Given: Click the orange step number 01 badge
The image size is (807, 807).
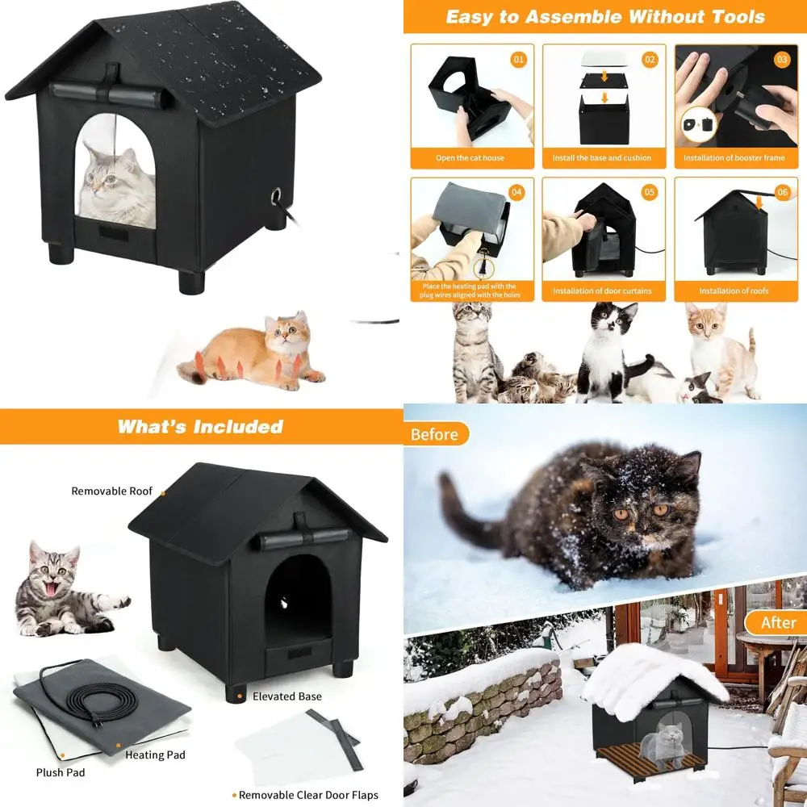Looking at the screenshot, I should (x=520, y=60).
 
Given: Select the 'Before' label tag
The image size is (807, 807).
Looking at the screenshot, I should (x=434, y=435).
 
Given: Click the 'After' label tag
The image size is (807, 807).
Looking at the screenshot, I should (x=778, y=622).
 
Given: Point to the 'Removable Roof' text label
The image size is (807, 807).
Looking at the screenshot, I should (x=111, y=491).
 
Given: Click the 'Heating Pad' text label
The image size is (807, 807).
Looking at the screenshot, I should (x=155, y=755).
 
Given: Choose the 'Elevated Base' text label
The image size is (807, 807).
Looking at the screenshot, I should (x=286, y=696).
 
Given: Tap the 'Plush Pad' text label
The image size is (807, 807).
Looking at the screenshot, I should (x=61, y=772).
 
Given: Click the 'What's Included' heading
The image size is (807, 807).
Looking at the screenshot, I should (x=200, y=427).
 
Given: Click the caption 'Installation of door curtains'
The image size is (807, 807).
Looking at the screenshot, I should (x=602, y=291).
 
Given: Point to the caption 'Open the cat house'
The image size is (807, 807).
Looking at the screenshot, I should (x=470, y=157).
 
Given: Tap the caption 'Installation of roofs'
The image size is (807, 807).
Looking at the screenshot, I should (x=734, y=291).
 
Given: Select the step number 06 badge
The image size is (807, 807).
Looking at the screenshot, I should (x=782, y=193).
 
